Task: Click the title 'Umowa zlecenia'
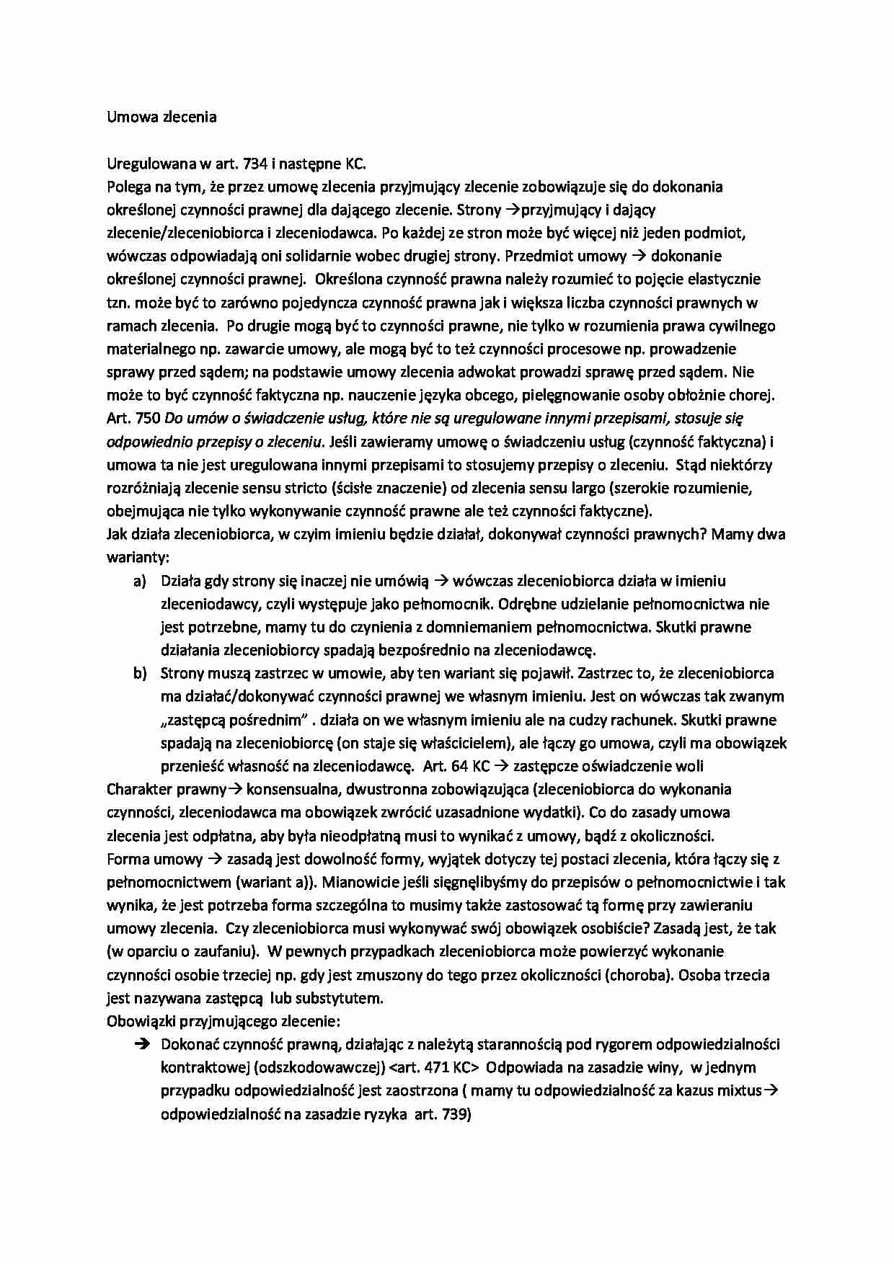click(161, 117)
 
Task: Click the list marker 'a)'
click(140, 581)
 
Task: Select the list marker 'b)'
click(140, 673)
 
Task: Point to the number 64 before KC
click(459, 766)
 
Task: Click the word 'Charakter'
click(138, 789)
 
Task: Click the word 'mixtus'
click(738, 1090)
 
